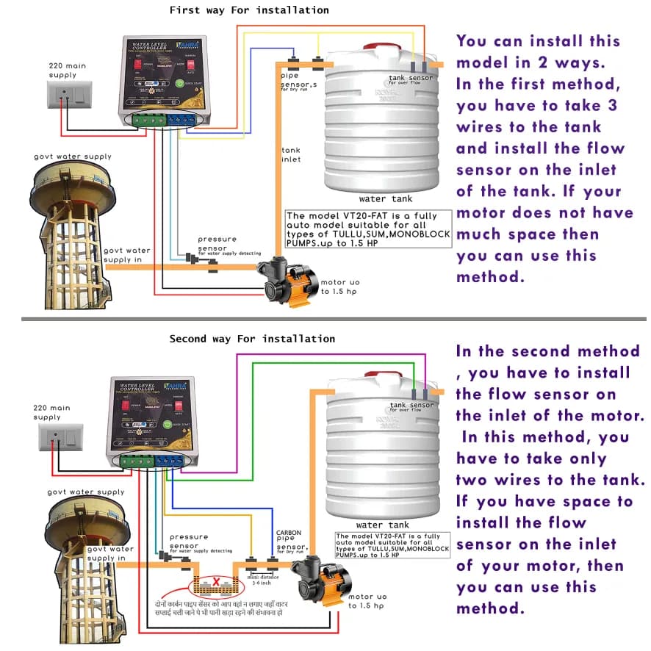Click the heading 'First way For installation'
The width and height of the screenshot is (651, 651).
point(249,10)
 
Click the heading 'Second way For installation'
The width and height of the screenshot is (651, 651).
point(252,339)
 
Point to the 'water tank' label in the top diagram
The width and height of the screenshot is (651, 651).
point(385,198)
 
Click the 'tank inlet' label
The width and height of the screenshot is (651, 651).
point(291,155)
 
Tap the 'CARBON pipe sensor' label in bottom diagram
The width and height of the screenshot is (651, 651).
point(290,540)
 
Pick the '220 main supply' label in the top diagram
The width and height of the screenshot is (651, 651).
point(67,70)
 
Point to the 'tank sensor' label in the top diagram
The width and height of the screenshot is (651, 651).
point(411,78)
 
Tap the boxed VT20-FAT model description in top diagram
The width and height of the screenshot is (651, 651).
point(367,229)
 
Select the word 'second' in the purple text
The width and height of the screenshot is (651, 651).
point(555,350)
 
